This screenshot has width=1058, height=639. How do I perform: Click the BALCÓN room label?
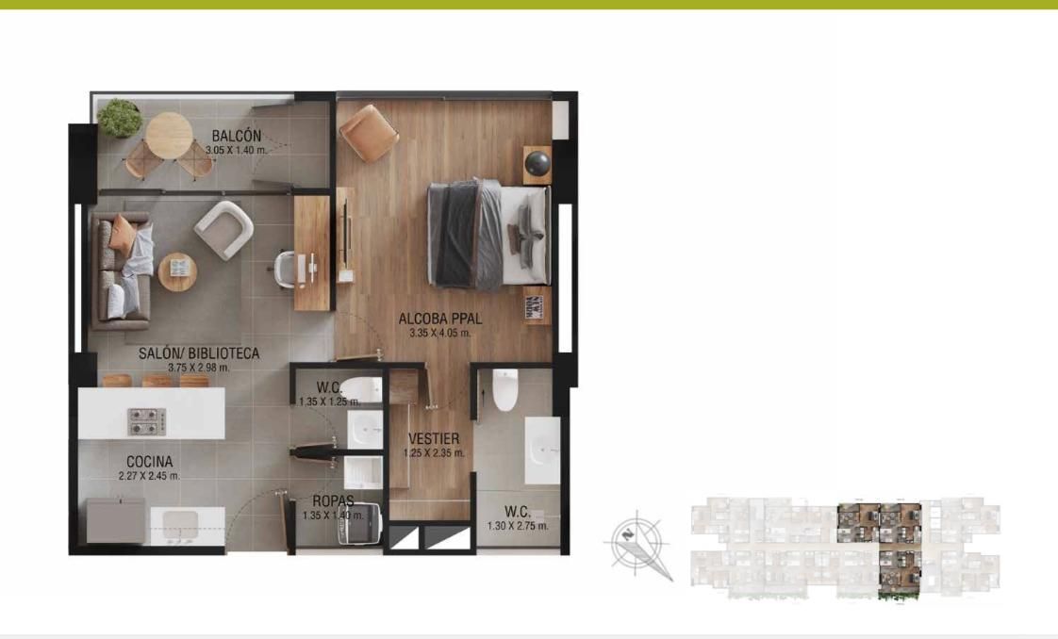(x=236, y=136)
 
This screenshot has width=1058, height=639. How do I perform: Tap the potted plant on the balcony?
(x=120, y=117)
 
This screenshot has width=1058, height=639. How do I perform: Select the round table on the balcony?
(x=169, y=135)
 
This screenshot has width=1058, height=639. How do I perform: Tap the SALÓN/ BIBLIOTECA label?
(x=199, y=353)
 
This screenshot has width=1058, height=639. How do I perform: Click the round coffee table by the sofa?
(x=176, y=271)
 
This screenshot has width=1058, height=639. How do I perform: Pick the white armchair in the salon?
(x=224, y=228)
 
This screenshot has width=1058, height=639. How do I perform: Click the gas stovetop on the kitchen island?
(x=147, y=421)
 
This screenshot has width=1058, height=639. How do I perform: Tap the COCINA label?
(x=149, y=462)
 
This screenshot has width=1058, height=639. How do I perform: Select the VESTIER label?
(x=434, y=439)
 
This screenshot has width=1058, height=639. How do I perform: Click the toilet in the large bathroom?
(x=505, y=390)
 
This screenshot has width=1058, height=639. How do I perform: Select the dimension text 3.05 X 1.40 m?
(x=237, y=150)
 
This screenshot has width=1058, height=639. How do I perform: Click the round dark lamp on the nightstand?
(x=538, y=162)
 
